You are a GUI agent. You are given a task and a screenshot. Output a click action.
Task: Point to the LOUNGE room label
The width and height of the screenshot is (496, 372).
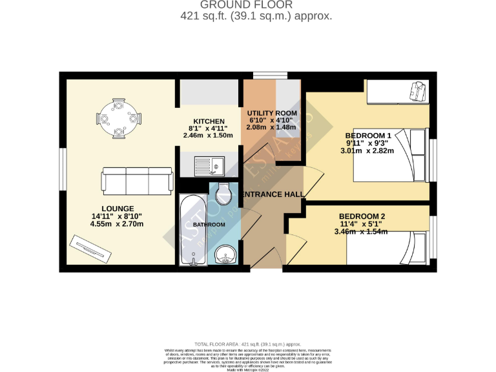pyautogui.click(x=117, y=209)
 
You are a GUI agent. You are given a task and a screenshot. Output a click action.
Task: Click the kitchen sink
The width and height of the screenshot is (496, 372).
pyautogui.click(x=209, y=167)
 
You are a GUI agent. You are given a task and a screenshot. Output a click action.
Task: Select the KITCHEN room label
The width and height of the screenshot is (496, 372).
pyautogui.click(x=209, y=121)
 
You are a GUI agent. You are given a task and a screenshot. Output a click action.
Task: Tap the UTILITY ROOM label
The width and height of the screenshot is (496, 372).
pyautogui.click(x=272, y=113)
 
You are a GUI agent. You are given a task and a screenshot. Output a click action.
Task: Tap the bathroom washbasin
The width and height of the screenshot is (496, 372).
pyautogui.click(x=226, y=256)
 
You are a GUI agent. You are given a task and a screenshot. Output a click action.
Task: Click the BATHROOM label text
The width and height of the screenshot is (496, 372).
pyautogui.click(x=209, y=225)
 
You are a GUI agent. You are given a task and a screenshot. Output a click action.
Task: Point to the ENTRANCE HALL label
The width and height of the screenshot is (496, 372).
pyautogui.click(x=272, y=194)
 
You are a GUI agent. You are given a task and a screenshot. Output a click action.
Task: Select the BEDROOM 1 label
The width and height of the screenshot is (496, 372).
pyautogui.click(x=368, y=135)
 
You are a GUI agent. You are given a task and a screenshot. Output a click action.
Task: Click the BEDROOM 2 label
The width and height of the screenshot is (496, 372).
pyautogui.click(x=362, y=216)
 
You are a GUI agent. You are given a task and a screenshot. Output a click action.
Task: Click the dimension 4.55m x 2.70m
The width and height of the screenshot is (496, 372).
pyautogui.click(x=117, y=224)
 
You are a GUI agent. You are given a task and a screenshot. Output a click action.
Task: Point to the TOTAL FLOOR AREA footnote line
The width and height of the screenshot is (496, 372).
pyautogui.click(x=247, y=345)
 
